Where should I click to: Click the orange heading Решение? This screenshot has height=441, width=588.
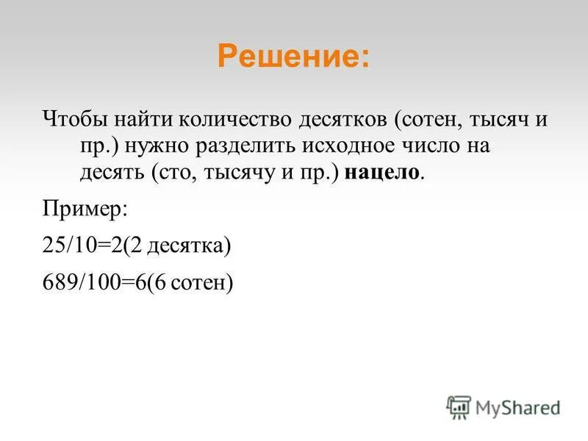pos(294,56)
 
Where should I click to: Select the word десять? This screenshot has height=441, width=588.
pos(112,173)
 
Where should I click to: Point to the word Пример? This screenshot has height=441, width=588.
pos(85,209)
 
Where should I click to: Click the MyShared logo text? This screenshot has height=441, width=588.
pos(518,406)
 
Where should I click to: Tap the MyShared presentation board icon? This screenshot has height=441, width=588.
pos(459,406)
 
